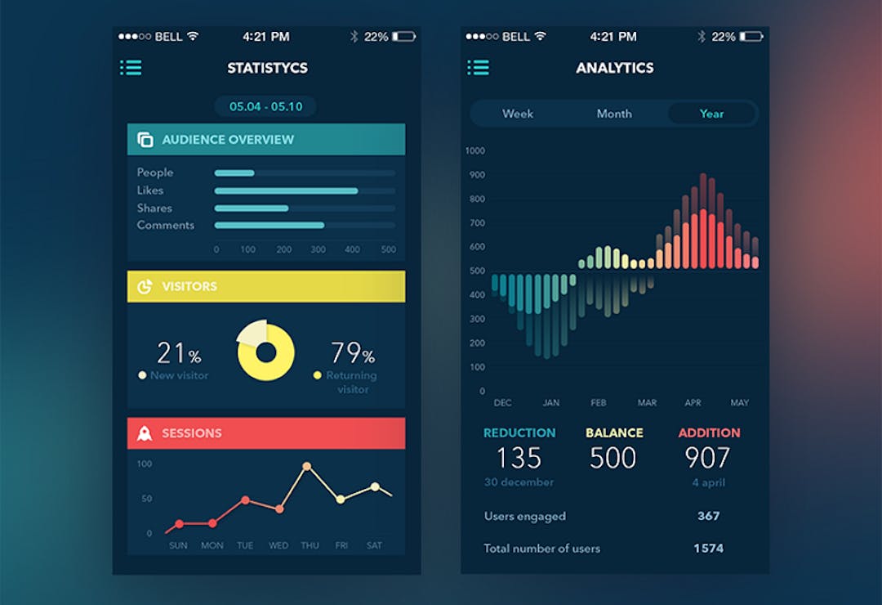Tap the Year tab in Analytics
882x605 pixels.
(711, 114)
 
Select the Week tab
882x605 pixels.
(517, 114)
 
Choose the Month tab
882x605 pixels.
(614, 114)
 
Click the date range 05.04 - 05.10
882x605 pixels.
(265, 106)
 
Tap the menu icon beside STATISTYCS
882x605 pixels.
(131, 68)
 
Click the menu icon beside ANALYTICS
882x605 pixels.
(478, 68)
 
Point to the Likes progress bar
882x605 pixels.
(286, 190)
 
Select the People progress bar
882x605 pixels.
(234, 173)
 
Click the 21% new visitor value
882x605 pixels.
(179, 353)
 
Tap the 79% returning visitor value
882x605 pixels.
(352, 353)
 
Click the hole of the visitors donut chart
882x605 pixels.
(265, 352)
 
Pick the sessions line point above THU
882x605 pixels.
(307, 467)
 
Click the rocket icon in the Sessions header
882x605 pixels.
(145, 433)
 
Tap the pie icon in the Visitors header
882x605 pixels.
(145, 287)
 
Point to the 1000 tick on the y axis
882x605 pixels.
(474, 150)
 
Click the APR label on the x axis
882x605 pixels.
(693, 403)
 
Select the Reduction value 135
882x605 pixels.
(519, 458)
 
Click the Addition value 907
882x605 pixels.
(707, 458)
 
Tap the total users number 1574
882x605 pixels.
(708, 549)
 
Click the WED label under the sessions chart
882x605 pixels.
(278, 545)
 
